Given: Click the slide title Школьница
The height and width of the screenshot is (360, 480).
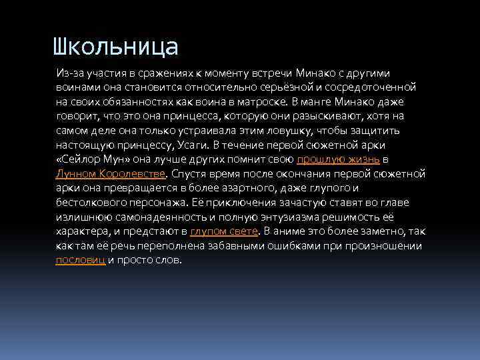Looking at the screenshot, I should coord(116,47).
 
